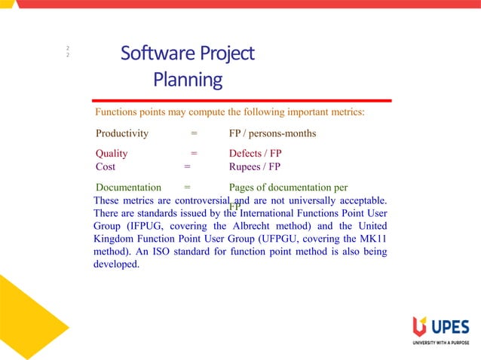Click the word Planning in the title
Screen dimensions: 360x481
click(x=188, y=79)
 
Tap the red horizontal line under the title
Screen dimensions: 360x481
click(x=241, y=100)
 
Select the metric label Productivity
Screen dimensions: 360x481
click(x=122, y=134)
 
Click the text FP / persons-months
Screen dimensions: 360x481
click(x=272, y=134)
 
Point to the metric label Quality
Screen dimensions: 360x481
click(x=112, y=153)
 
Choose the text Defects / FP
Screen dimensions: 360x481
click(x=255, y=153)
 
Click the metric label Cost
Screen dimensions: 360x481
click(x=106, y=166)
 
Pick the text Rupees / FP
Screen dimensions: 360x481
click(x=254, y=166)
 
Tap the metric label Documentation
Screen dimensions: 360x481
click(x=129, y=187)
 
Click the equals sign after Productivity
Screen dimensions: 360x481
click(x=194, y=134)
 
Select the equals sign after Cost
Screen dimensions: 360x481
click(x=187, y=166)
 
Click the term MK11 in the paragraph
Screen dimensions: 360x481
click(x=373, y=239)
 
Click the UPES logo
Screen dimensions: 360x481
click(x=440, y=329)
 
